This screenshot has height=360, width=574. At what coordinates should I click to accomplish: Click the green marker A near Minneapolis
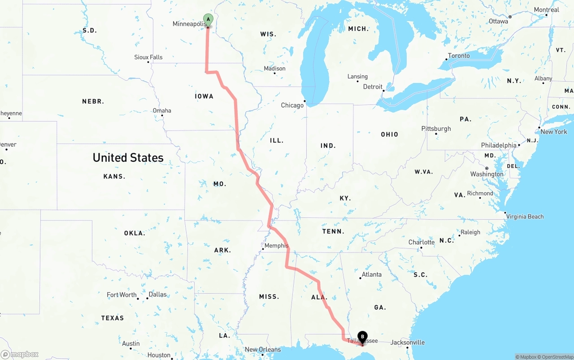pos(208,19)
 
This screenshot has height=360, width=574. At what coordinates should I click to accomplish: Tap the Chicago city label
pos(292,105)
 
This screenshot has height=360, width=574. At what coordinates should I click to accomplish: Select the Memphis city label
pos(276,246)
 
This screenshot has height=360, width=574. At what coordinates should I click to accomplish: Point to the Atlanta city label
pos(372,274)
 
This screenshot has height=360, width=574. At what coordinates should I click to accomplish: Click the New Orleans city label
pos(263,350)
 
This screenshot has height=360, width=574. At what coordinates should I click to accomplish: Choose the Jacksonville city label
pos(408,343)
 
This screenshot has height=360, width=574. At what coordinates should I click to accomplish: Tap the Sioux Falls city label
pos(148,57)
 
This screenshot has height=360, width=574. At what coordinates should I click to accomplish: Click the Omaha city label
pos(162,111)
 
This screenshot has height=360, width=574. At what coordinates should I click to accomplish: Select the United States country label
pos(128,158)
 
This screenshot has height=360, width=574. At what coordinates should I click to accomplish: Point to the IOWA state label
pos(204,96)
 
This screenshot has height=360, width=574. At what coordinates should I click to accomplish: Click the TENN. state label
pos(333,232)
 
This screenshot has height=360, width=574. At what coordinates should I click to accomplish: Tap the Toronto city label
pos(459,56)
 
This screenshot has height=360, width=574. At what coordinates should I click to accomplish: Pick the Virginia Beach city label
pos(525,217)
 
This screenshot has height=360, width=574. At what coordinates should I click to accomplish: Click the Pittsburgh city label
pos(436,129)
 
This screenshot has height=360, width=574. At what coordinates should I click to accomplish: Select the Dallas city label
pos(157,295)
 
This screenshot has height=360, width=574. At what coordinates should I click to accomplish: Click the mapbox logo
pos(20,354)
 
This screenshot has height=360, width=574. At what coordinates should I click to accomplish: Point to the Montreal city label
pos(546,10)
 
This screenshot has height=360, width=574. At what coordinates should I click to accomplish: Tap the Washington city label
pos(487,174)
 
